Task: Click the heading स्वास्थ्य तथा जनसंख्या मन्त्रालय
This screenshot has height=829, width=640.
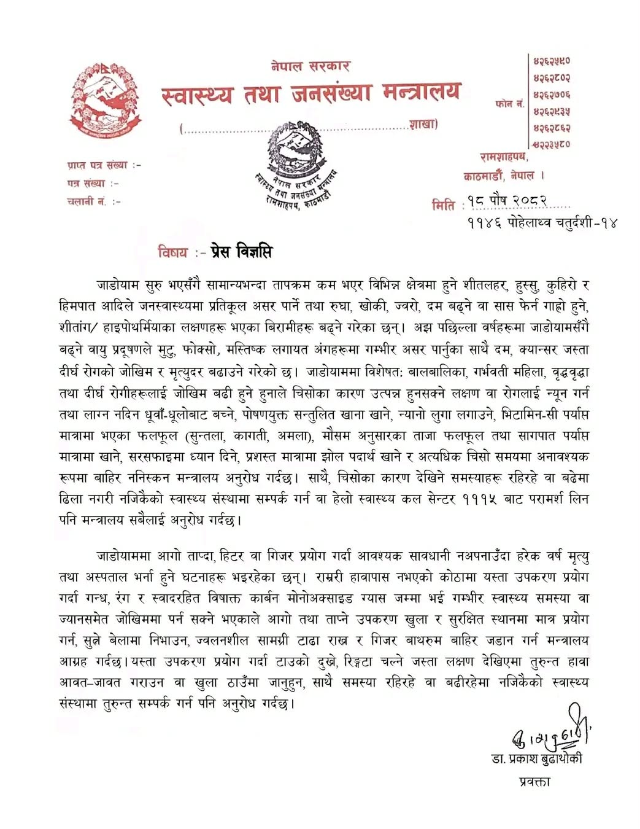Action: coord(310,94)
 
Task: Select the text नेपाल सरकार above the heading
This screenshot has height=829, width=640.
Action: coord(310,66)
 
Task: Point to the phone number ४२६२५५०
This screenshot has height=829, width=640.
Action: coord(551,61)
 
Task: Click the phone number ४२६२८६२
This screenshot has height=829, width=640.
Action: coord(551,128)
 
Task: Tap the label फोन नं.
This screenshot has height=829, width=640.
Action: coord(509,104)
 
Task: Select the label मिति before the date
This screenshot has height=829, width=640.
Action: coord(443,204)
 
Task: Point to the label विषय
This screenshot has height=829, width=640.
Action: coord(172,252)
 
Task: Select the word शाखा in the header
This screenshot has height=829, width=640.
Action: coord(423,125)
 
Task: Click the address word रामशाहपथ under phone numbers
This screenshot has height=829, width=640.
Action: coord(504,158)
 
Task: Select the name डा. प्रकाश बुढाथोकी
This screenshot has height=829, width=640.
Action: coord(536,759)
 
